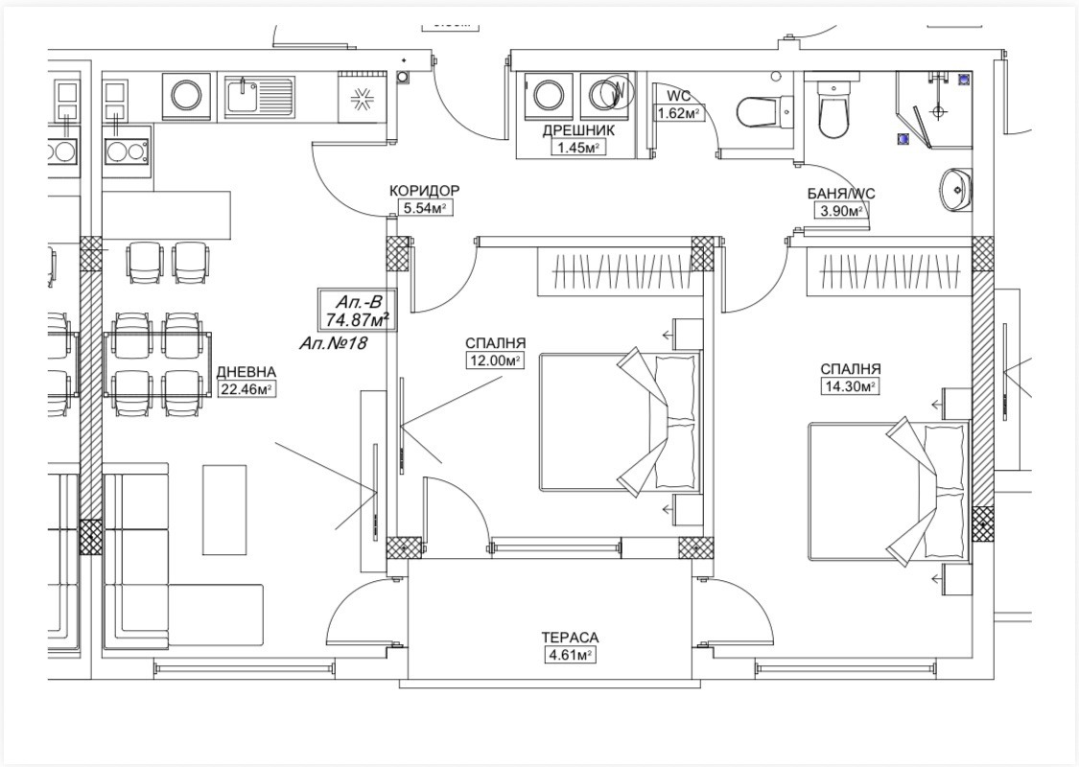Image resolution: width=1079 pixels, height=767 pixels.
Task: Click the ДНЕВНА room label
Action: coord(246,372)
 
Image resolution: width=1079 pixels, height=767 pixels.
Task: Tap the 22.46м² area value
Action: coord(247,389)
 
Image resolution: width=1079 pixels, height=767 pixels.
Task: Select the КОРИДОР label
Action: coord(425,191)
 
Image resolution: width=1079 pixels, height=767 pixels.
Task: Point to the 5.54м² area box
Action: coord(426,208)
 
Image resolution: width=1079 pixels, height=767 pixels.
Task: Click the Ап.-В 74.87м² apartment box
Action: coord(358,310)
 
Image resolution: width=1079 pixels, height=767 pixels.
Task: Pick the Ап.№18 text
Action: coord(333,343)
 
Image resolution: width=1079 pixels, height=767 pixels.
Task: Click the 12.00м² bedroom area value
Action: coord(494,360)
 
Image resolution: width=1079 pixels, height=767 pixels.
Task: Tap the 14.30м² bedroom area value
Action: coord(850,386)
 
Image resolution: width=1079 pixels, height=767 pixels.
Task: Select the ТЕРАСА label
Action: coord(570,639)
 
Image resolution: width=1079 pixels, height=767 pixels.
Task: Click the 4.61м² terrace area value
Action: coord(570,655)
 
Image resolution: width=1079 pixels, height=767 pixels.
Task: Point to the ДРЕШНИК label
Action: coord(578,130)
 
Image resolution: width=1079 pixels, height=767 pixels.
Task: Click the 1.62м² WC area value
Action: coord(679,113)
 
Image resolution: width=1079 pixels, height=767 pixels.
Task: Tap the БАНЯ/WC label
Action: coord(841,195)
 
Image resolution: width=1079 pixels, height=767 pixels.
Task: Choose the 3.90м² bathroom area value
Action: coord(840,211)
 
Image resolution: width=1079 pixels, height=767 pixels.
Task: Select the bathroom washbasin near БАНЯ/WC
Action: coord(956,189)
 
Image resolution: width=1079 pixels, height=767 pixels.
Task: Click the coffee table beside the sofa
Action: coord(224,509)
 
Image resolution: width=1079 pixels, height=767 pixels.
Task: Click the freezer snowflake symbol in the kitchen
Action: coord(361,101)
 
